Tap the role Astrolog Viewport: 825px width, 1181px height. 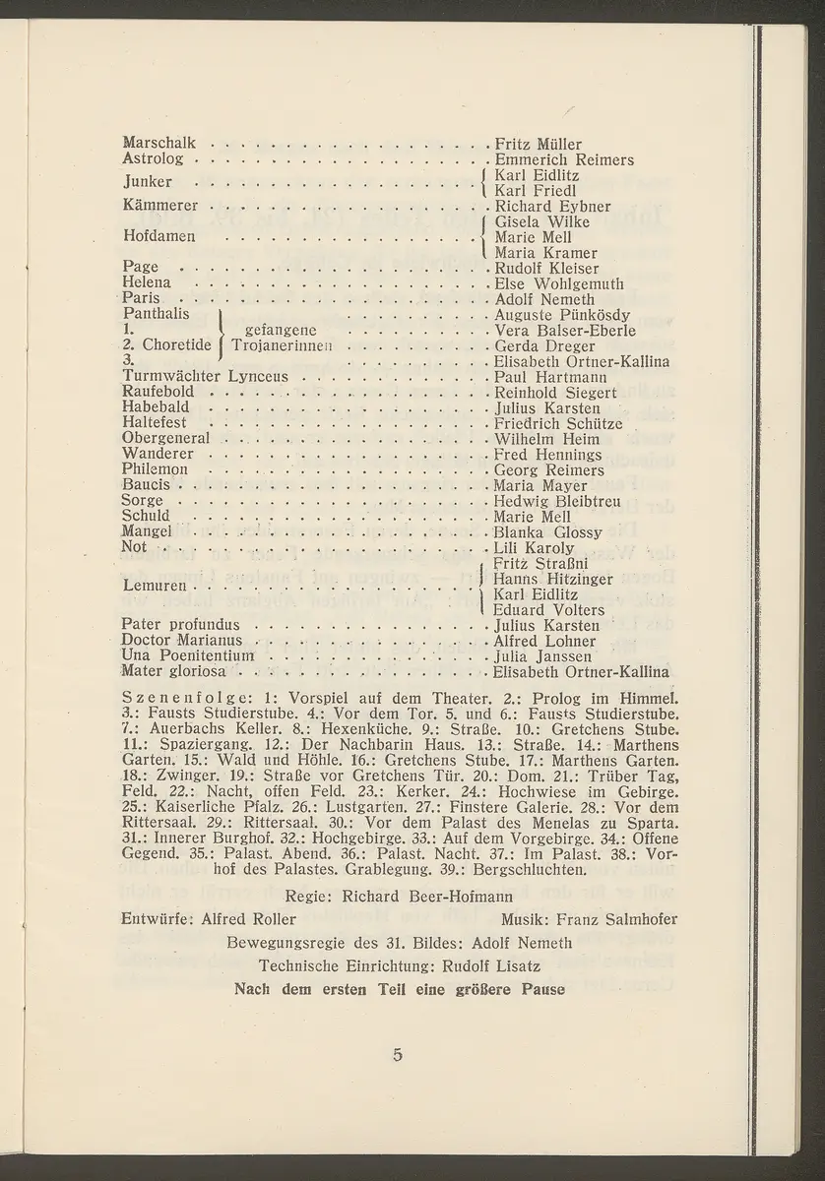click(x=151, y=159)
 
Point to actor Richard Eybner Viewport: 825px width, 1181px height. click(x=552, y=207)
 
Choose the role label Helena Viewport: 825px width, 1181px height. click(x=146, y=284)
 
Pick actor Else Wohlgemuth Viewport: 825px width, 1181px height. click(x=559, y=284)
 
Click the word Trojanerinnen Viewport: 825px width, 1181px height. click(x=275, y=346)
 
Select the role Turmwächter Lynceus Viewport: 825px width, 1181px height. click(x=205, y=377)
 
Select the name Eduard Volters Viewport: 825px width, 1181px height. click(x=547, y=610)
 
